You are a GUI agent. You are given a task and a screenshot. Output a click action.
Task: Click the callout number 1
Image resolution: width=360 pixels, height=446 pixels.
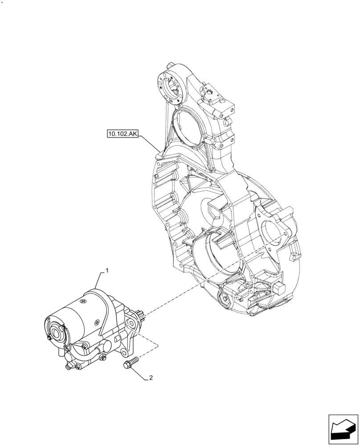coord(106,270)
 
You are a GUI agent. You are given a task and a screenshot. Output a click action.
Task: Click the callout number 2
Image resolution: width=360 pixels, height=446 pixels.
coord(151,378)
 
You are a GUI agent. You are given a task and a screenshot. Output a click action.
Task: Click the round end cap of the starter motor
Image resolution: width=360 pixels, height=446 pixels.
coord(55,330)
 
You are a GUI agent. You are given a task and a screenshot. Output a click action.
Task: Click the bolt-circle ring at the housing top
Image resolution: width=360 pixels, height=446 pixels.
coord(172,86)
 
